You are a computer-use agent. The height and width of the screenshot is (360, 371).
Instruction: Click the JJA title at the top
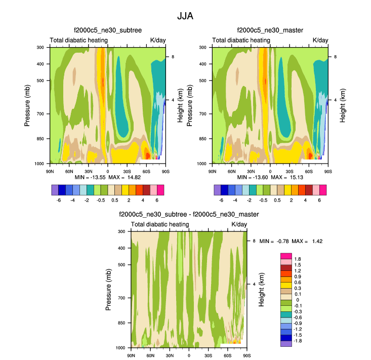tap(185, 16)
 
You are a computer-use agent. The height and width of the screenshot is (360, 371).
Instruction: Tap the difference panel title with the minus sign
tap(189, 215)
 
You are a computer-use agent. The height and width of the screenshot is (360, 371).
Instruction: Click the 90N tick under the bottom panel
tap(131, 355)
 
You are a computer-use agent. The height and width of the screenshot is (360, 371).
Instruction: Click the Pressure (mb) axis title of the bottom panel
tap(109, 289)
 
